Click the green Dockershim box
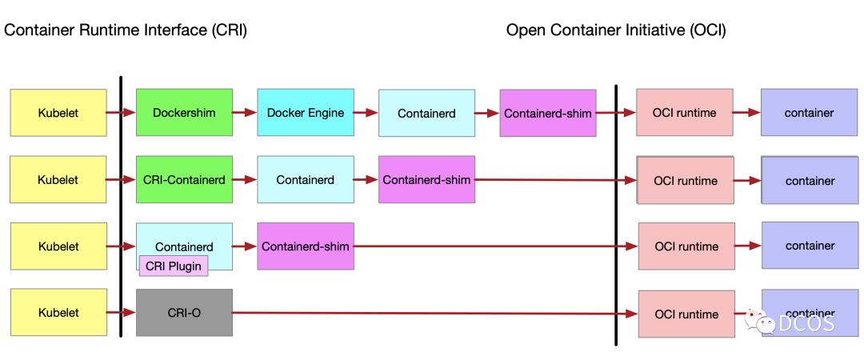click(x=184, y=112)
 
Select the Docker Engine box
click(x=306, y=112)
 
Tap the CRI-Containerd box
click(x=184, y=179)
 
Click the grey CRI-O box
click(x=184, y=313)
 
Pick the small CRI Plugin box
click(x=174, y=266)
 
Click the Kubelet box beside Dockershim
click(x=58, y=113)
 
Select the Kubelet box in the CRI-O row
click(x=58, y=312)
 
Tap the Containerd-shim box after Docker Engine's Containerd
click(x=548, y=113)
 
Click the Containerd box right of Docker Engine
click(x=426, y=113)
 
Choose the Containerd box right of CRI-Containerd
click(x=306, y=179)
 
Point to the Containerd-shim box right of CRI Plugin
click(x=306, y=246)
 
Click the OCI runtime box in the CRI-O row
click(x=686, y=314)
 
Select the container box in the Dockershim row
click(x=809, y=112)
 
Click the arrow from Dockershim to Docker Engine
click(x=245, y=113)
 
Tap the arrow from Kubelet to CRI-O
click(x=122, y=313)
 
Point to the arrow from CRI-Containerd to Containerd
click(x=245, y=180)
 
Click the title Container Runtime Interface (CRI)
click(x=126, y=30)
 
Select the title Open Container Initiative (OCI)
click(x=616, y=30)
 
